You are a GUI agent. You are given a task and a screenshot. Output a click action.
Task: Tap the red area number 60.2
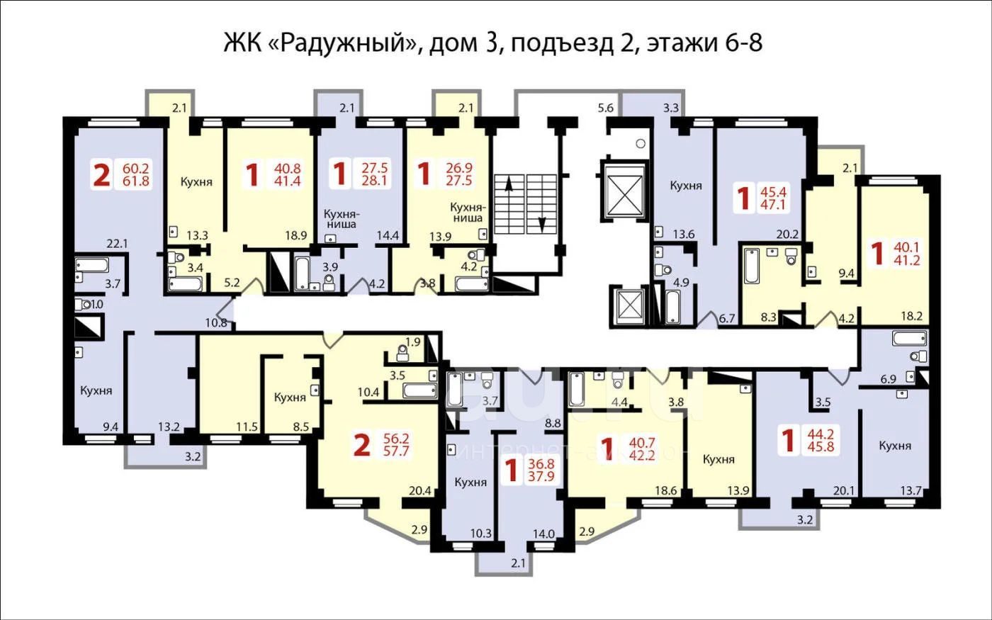(x=135, y=169)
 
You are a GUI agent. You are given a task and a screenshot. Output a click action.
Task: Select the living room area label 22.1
(x=117, y=244)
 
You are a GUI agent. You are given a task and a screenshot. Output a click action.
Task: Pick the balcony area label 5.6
(x=605, y=108)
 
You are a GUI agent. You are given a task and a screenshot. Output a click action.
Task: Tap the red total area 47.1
(x=773, y=205)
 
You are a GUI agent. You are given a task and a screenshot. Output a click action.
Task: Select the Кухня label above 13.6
(x=686, y=186)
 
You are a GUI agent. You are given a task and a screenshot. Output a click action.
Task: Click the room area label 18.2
(x=912, y=316)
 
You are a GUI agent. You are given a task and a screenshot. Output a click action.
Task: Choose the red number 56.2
(x=396, y=439)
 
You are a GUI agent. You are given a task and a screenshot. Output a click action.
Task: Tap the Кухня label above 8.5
(x=290, y=398)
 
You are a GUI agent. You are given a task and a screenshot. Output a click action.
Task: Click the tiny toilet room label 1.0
(x=97, y=304)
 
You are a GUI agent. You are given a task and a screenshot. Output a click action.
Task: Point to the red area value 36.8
(x=541, y=464)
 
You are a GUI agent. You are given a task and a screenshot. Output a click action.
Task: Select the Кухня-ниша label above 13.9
(x=468, y=213)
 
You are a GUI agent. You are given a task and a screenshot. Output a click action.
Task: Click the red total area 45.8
(x=821, y=446)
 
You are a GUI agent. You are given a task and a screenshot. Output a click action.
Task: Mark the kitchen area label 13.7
(x=911, y=490)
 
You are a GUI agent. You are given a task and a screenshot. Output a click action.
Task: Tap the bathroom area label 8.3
(x=768, y=317)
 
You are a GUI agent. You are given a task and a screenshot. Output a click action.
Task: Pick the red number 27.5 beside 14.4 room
(x=375, y=169)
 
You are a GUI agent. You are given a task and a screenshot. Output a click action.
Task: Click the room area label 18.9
(x=296, y=235)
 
